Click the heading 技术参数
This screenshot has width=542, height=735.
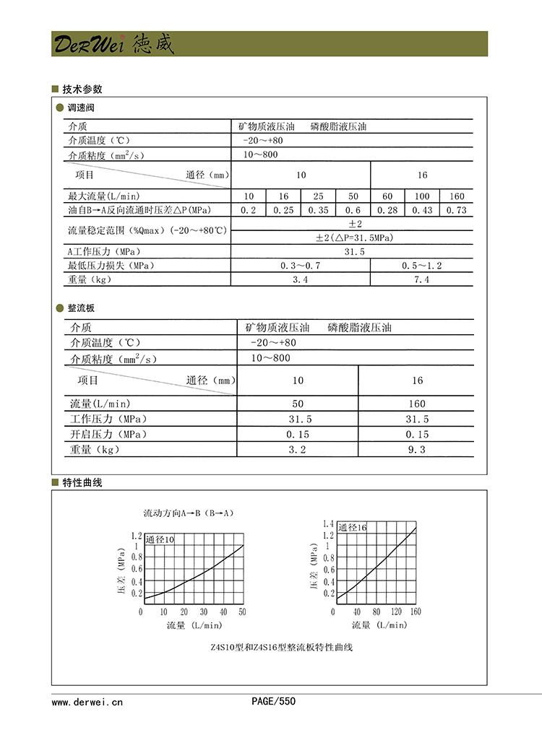coord(82,90)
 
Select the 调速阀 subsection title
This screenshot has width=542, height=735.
coord(81,108)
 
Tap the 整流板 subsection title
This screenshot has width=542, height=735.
coord(81,308)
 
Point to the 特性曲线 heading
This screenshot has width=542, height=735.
coord(82,482)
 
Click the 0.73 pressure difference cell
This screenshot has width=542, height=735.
coord(457,210)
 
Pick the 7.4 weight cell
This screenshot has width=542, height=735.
coord(422,279)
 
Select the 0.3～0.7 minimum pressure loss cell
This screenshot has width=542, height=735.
coord(300,266)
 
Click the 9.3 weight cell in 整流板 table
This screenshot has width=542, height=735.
coord(417,449)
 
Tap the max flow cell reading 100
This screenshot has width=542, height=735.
coord(422,196)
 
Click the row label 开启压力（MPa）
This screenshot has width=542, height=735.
coord(108,434)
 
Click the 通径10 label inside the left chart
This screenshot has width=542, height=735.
coord(160,540)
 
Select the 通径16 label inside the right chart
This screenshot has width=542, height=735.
coord(353,528)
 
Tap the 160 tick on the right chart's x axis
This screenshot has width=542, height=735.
coord(416,612)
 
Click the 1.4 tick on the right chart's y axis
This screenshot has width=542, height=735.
coord(327,523)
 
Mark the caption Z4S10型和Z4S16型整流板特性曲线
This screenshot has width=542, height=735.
coord(281,647)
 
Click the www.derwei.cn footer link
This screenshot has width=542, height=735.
coord(87,701)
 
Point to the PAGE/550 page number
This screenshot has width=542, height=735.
coord(273,701)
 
